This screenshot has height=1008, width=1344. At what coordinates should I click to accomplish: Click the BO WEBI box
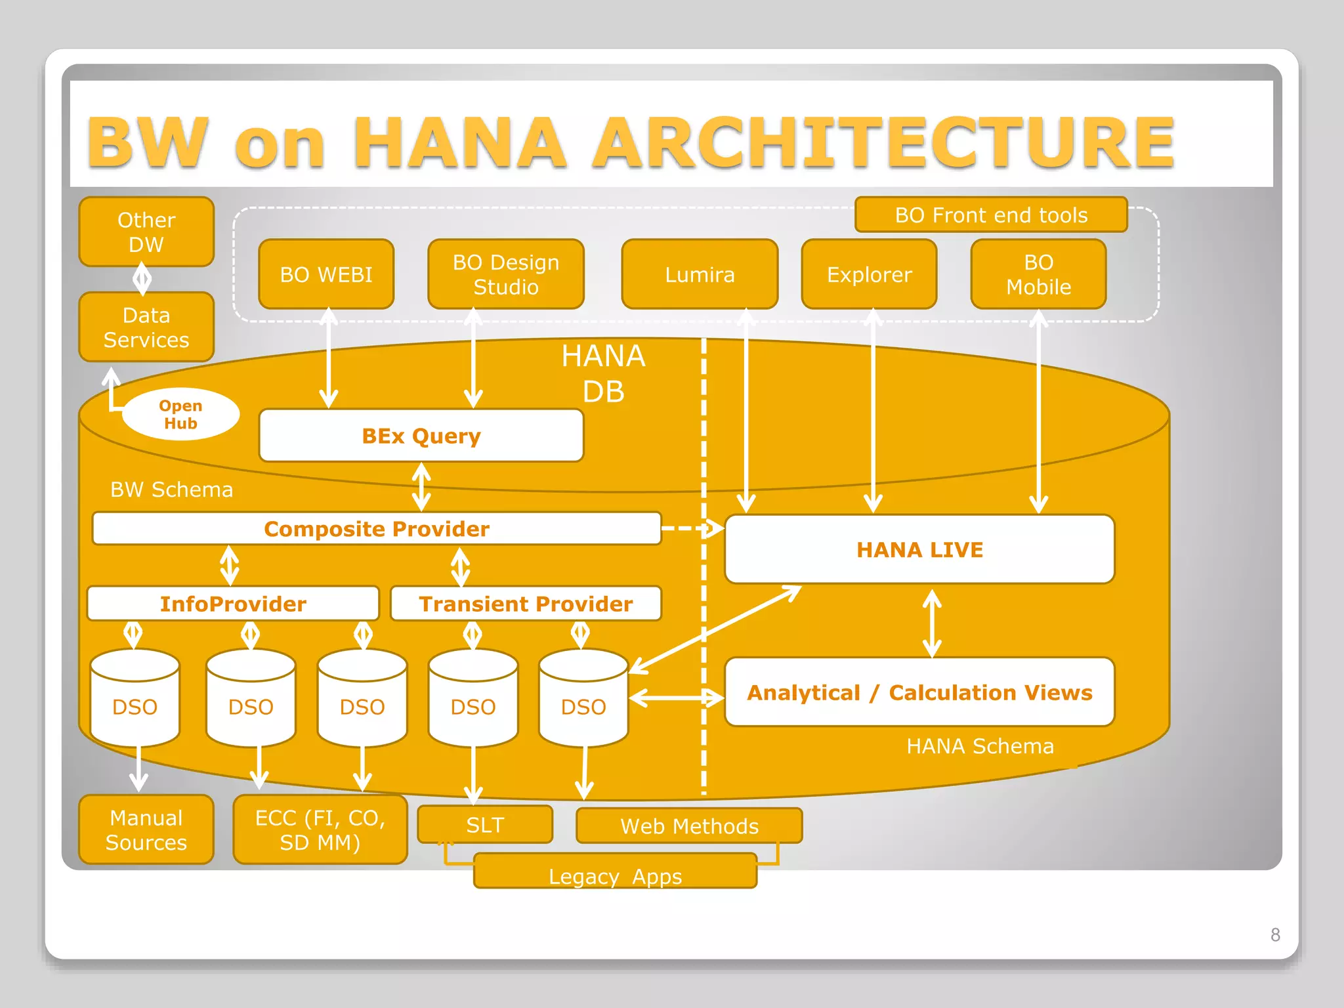pos(326,274)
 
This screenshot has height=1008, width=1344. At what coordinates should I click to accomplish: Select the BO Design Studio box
pos(505,274)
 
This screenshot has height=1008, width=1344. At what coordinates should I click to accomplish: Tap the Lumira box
pos(700,274)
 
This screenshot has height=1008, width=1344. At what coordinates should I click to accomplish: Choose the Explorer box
pos(869,274)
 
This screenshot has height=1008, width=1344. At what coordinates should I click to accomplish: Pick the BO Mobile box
pos(1038,274)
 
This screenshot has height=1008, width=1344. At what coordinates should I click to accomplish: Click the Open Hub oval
pos(180,414)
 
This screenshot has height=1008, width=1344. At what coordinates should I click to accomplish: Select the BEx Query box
pos(421,436)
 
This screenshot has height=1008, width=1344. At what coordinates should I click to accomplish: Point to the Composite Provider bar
pos(377,529)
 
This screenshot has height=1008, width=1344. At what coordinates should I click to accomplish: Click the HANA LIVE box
pos(919,549)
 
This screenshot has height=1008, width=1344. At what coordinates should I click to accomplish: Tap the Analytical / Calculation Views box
pos(919,692)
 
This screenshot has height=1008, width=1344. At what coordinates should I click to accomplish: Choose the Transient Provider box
pos(526,604)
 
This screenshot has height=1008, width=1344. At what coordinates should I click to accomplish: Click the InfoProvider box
pos(233,604)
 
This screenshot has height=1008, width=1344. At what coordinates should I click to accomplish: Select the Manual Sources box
pos(146,829)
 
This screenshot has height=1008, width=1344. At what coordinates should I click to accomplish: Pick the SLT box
pos(485,825)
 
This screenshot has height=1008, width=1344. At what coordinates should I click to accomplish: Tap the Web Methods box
pos(689,826)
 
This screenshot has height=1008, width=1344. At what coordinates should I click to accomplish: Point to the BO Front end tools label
pos(991,215)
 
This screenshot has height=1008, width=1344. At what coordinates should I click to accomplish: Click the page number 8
pos(1275,934)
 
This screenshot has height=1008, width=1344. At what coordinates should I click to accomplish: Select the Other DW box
pos(146,232)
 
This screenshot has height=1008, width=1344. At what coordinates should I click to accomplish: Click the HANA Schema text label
pos(980,746)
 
